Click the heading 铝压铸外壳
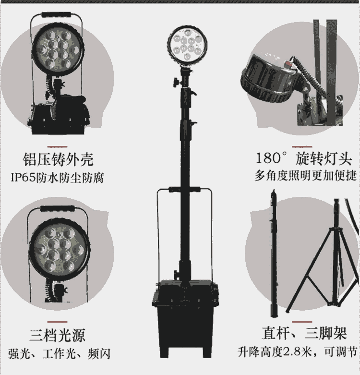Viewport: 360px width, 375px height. [58, 159]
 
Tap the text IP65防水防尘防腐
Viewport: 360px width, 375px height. [58, 178]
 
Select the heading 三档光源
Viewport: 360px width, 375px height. [58, 335]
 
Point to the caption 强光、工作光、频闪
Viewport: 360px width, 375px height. [59, 354]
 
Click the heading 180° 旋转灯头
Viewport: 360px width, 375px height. [304, 158]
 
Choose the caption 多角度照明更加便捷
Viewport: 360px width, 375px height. [305, 176]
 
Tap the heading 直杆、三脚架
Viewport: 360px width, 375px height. [304, 333]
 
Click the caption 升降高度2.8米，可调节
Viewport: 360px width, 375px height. [298, 352]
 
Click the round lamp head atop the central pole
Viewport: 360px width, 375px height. [187, 46]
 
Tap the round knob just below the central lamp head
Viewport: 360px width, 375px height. [177, 82]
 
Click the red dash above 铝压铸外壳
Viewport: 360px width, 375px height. [58, 146]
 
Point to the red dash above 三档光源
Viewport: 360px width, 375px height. [58, 322]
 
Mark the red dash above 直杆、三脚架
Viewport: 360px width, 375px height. [302, 322]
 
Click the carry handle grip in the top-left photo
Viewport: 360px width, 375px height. [57, 14]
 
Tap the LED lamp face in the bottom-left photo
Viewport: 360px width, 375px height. [60, 249]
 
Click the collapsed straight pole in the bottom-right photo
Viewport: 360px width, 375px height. [274, 253]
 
